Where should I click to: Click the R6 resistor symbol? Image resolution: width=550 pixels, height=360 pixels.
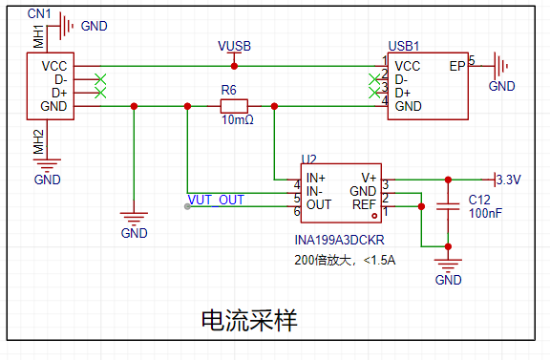[x=234, y=106]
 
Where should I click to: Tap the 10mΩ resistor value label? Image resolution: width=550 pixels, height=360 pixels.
[x=238, y=120]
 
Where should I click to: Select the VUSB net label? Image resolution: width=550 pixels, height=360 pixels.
[x=234, y=46]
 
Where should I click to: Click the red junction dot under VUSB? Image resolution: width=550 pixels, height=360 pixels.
[x=234, y=66]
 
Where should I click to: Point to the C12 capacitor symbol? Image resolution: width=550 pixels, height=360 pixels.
[x=448, y=206]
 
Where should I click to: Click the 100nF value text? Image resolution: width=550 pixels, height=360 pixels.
[x=485, y=213]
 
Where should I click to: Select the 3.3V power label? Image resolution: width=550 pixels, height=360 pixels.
[x=509, y=180]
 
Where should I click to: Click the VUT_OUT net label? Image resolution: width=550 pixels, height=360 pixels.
[x=216, y=200]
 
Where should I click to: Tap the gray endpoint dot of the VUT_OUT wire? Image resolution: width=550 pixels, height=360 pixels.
[x=187, y=206]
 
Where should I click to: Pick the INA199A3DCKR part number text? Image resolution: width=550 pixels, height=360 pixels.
[x=340, y=240]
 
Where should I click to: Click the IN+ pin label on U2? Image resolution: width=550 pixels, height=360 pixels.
[x=316, y=178]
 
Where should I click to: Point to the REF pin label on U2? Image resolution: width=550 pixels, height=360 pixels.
[x=364, y=204]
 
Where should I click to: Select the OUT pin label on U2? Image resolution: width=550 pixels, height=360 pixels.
[x=319, y=204]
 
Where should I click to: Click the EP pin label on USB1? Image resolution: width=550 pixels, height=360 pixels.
[x=457, y=66]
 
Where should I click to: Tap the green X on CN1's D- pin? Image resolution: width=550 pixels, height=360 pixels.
[x=100, y=79]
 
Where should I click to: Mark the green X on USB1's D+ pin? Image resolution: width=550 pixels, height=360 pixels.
[x=374, y=93]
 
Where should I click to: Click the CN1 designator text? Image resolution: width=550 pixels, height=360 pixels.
[x=39, y=14]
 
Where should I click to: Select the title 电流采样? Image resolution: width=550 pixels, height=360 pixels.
[x=249, y=320]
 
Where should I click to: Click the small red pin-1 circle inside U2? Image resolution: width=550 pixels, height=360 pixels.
[x=374, y=216]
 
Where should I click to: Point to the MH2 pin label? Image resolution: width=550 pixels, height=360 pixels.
[x=38, y=142]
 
